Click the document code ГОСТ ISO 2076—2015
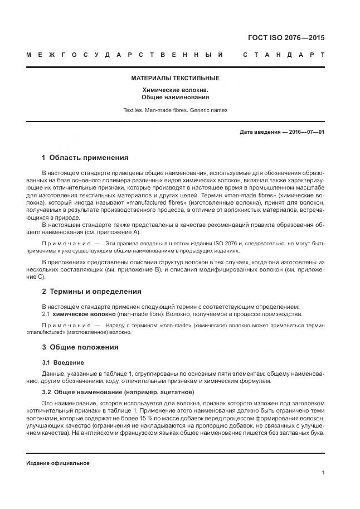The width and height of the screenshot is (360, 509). tap(286, 38)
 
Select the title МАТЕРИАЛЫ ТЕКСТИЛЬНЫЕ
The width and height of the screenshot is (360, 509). tap(175, 78)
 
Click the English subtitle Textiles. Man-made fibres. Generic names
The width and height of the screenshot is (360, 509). tap(175, 110)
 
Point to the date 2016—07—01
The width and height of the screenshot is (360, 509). tap(306, 132)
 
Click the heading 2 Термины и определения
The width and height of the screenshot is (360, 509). tap(91, 291)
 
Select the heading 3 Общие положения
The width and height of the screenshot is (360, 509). tap(80, 347)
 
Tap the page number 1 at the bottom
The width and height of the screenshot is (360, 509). tap(323, 473)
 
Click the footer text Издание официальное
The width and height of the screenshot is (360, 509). tap(58, 463)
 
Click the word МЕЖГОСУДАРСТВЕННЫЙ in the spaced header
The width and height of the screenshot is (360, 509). tap(125, 55)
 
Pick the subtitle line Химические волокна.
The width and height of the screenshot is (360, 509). tap(175, 90)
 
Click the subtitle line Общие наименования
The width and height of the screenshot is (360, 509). tap(175, 97)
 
